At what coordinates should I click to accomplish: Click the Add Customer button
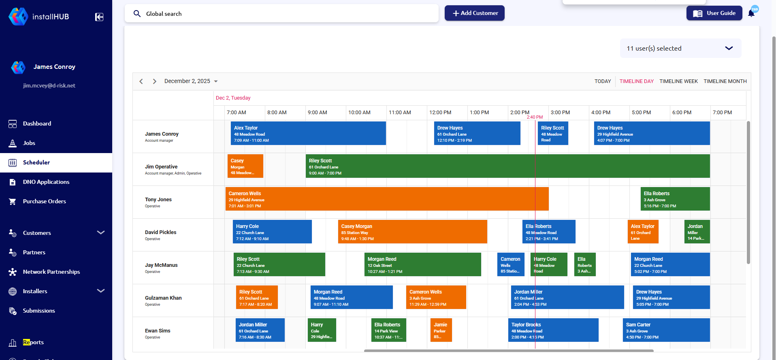point(474,13)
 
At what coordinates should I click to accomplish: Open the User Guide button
point(714,13)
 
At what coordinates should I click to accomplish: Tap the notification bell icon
point(751,13)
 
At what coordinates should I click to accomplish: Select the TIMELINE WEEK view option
point(678,81)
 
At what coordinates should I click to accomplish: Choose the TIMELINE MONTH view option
point(725,81)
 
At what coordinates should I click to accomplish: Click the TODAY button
point(603,81)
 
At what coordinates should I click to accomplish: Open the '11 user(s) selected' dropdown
point(680,48)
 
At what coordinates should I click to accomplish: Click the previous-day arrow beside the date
point(141,81)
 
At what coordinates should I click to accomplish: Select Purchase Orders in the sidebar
point(44,201)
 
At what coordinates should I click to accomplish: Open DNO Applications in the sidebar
point(46,182)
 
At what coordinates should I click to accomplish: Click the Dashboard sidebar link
point(37,124)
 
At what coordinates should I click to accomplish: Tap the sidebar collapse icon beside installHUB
point(99,17)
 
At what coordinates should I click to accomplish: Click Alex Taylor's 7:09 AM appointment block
point(308,133)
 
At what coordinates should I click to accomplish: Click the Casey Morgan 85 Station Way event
point(412,232)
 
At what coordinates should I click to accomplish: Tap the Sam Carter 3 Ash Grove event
point(666,330)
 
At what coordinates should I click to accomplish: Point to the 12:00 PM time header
point(440,113)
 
